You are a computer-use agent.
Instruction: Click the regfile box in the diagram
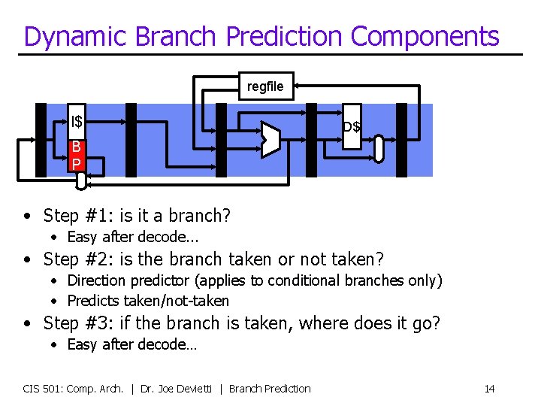coord(265,86)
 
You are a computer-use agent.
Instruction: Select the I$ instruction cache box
coord(77,121)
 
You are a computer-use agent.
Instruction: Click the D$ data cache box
coord(352,126)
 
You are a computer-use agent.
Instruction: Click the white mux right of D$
coord(379,148)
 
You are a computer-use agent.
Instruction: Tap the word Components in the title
coord(425,36)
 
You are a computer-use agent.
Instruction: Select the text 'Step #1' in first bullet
coord(72,217)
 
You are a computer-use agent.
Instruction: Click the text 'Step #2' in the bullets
coord(72,260)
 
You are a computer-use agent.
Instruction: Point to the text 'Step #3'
coord(72,323)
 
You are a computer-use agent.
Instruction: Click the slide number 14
coord(489,389)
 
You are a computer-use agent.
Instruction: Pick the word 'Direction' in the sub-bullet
coord(97,280)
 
